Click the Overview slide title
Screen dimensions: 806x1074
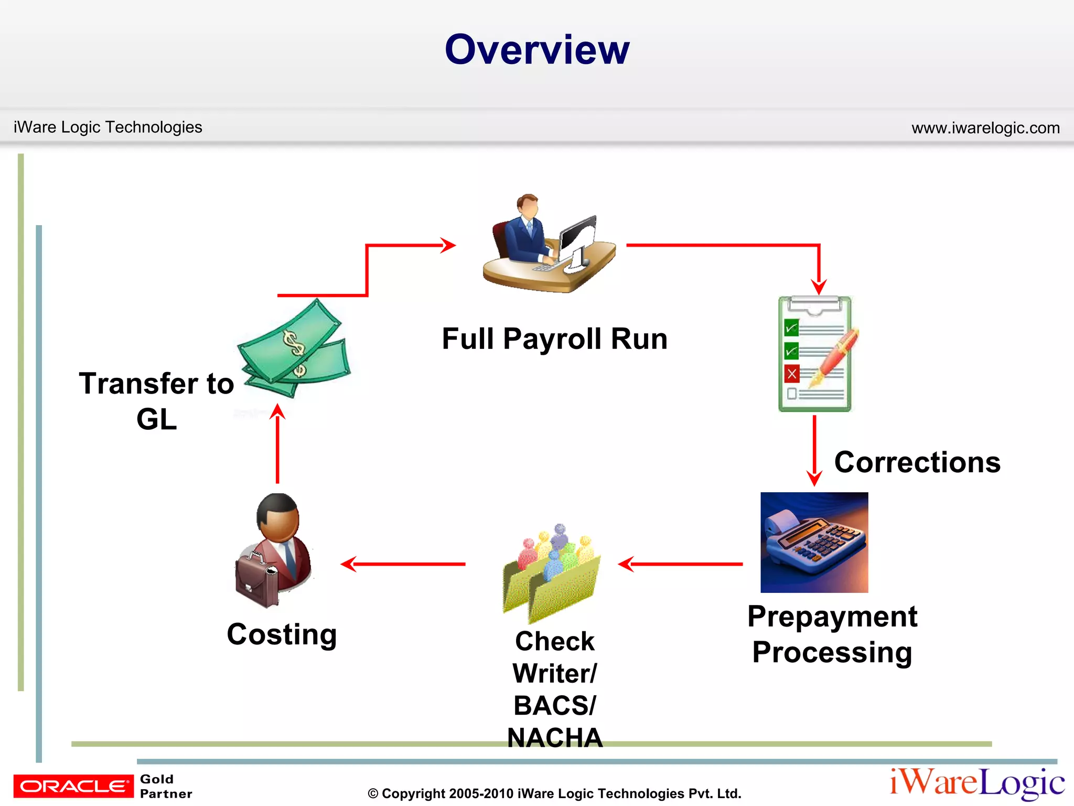pos(537,49)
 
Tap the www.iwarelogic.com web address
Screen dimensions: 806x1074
pos(985,128)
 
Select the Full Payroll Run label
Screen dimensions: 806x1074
pos(554,338)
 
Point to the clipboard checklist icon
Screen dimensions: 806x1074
pos(815,354)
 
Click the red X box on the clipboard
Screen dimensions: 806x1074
pos(792,374)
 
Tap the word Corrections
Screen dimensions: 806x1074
pos(917,462)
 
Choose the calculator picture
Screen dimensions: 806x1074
pos(814,542)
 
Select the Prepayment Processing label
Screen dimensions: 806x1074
pos(832,634)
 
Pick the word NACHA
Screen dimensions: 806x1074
pos(555,737)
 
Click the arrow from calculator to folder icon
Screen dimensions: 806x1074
pos(680,564)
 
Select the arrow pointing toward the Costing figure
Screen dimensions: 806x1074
pos(403,564)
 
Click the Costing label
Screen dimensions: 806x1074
pos(282,634)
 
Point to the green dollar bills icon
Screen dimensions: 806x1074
pos(294,349)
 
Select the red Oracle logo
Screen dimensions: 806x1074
pos(73,786)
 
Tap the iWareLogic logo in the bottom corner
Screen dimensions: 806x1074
pos(976,783)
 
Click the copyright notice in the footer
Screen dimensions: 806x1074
pos(554,793)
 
